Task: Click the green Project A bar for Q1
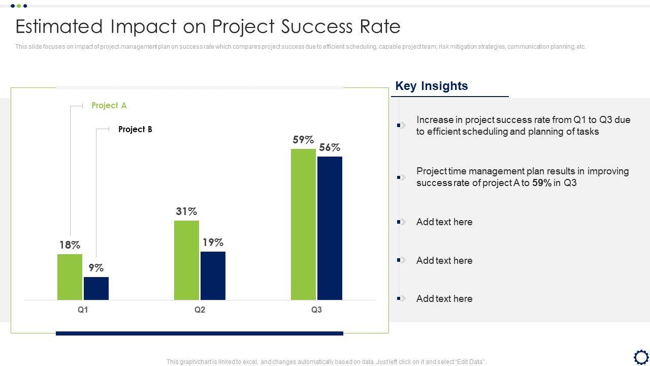70,277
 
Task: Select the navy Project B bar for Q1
96,288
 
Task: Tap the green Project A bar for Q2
186,260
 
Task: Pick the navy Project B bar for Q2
213,276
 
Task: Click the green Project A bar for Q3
303,224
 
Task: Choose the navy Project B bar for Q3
330,228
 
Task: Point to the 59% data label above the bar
303,140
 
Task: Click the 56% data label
330,147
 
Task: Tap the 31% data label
186,211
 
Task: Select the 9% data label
96,268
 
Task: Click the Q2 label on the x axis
200,310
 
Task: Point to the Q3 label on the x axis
316,310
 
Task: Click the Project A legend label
109,106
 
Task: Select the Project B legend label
135,130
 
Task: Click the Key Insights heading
432,86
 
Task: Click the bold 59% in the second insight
542,183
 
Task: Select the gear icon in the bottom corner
641,356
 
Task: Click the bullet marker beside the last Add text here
401,298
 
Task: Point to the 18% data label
70,245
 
